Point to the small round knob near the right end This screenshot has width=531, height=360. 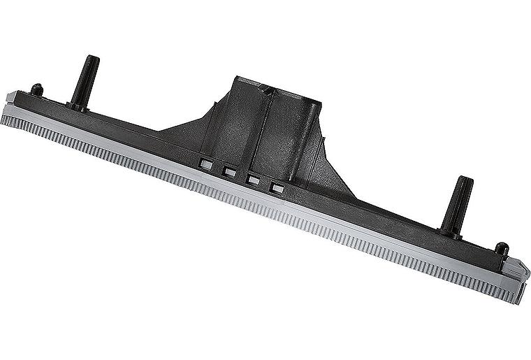tap(500, 249)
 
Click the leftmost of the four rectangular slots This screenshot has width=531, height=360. tap(205, 164)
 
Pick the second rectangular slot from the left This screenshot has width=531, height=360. tap(228, 171)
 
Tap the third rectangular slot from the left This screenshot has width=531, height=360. tap(253, 180)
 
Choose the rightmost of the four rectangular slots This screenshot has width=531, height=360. tap(277, 188)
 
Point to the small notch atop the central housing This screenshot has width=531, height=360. tap(265, 89)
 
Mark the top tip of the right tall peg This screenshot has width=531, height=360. tap(464, 180)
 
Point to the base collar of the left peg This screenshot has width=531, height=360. tap(78, 105)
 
